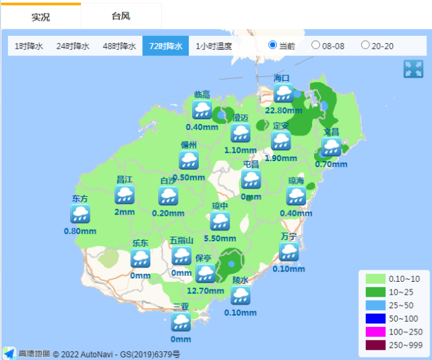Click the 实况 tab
click(40, 16)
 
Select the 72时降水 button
click(166, 46)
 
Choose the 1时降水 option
click(28, 46)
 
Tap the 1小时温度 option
click(214, 46)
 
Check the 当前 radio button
click(273, 45)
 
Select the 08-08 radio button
click(316, 45)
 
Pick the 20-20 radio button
click(365, 45)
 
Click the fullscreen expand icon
click(412, 69)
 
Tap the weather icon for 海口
click(283, 93)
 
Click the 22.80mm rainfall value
click(283, 110)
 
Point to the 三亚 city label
click(181, 306)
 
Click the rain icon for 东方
click(80, 214)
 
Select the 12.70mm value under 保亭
click(204, 291)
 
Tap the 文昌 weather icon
click(331, 147)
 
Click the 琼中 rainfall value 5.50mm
click(220, 238)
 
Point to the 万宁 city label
click(289, 236)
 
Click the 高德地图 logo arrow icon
click(9, 353)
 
